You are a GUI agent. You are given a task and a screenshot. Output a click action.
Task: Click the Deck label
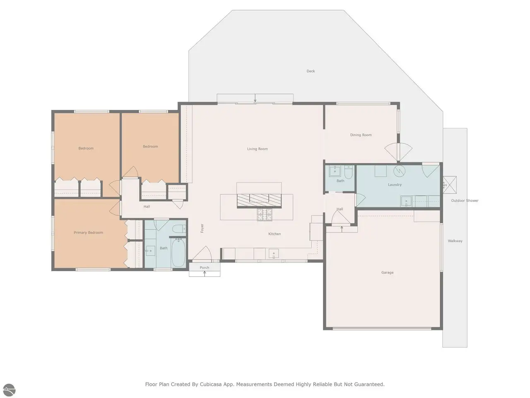pyautogui.click(x=311, y=71)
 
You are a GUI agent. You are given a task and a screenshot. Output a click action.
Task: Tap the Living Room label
pyautogui.click(x=257, y=149)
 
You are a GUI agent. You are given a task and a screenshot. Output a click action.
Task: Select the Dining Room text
pyautogui.click(x=361, y=135)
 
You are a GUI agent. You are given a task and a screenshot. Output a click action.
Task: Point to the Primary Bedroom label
pyautogui.click(x=88, y=233)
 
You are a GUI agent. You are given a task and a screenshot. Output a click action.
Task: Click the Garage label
pyautogui.click(x=387, y=272)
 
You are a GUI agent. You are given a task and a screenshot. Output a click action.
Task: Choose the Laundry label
pyautogui.click(x=395, y=184)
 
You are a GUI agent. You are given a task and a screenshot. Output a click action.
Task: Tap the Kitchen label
pyautogui.click(x=275, y=234)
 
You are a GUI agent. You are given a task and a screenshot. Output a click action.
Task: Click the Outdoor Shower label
pyautogui.click(x=465, y=201)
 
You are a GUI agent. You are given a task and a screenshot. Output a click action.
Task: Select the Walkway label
pyautogui.click(x=455, y=241)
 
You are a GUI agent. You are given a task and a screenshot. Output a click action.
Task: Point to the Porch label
pyautogui.click(x=204, y=267)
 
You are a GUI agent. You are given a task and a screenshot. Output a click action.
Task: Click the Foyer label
pyautogui.click(x=202, y=228)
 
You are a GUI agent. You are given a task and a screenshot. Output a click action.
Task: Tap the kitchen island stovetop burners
pyautogui.click(x=265, y=215)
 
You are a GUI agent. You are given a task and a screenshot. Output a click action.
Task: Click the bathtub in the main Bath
pyautogui.click(x=178, y=252)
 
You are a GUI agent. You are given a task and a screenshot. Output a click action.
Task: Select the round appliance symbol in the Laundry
pyautogui.click(x=399, y=171)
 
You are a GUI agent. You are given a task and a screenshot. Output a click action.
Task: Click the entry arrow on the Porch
pyautogui.click(x=205, y=274)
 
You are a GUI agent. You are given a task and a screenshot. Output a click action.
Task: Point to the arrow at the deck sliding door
pyautogui.click(x=255, y=97)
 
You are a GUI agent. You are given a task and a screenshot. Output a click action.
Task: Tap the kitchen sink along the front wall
pyautogui.click(x=274, y=254)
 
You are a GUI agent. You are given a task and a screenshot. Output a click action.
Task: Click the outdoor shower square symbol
pyautogui.click(x=450, y=185)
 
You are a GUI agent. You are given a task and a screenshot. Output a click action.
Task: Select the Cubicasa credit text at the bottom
pyautogui.click(x=265, y=384)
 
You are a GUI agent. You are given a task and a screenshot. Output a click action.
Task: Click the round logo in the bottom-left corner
pyautogui.click(x=9, y=390)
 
